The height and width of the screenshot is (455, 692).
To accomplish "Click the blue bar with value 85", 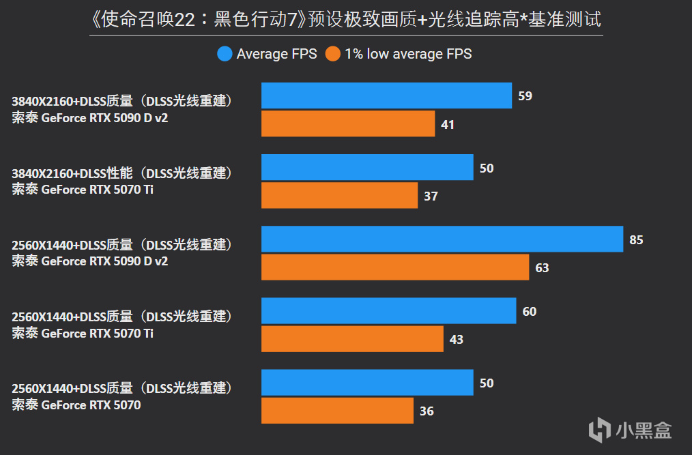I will tap(442, 239).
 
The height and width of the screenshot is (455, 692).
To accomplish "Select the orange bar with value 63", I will tap(395, 267).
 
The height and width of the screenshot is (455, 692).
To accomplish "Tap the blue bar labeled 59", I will tap(386, 96).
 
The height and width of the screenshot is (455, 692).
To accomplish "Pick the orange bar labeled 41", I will tap(348, 123).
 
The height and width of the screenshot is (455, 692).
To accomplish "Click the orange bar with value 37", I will tap(339, 195).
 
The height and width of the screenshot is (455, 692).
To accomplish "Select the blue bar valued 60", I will tap(388, 310).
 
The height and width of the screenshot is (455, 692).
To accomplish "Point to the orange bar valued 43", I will tap(352, 338).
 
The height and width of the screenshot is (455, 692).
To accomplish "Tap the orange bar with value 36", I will tap(337, 410).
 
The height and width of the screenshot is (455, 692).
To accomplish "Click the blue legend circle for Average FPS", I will tap(225, 54).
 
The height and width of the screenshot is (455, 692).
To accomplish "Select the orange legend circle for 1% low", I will tap(333, 54).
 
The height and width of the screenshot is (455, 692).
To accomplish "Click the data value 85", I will tap(636, 239).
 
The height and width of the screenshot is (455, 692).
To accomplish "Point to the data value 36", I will tap(427, 411).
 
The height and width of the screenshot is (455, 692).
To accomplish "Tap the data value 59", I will tap(525, 96).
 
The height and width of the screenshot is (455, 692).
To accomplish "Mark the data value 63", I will tap(542, 267).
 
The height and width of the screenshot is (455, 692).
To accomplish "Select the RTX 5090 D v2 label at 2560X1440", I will tap(123, 252).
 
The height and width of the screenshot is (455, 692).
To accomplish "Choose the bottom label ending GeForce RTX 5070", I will tap(123, 396).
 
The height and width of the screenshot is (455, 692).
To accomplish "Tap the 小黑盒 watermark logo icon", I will tap(600, 429).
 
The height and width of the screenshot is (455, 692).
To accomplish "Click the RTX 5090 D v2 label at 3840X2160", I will tap(123, 109).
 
